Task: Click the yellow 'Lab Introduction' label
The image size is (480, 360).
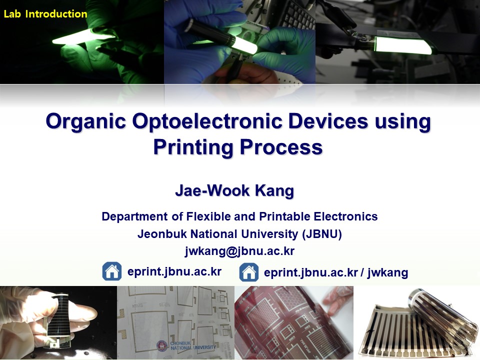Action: tap(45, 14)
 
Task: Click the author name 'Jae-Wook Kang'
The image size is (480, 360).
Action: tap(234, 190)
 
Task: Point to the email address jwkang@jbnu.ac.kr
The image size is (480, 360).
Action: tap(239, 251)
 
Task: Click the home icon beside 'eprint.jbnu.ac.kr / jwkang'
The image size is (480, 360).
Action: tap(248, 272)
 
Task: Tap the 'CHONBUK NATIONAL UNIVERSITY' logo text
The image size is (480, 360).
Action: tap(193, 345)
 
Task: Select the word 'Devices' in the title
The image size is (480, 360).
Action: tap(328, 121)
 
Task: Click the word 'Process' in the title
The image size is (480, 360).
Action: tap(281, 147)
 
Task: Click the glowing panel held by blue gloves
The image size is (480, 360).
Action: tap(245, 44)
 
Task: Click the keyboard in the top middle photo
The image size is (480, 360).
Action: tap(298, 16)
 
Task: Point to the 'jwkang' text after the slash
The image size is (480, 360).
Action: tap(387, 272)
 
